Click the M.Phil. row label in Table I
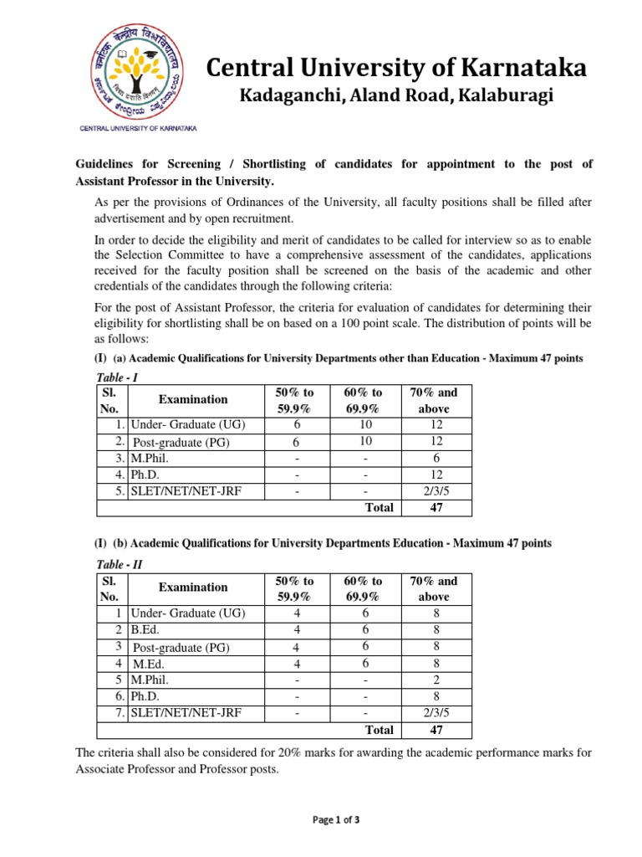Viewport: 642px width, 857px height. (x=150, y=459)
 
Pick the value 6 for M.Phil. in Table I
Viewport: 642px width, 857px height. (x=434, y=459)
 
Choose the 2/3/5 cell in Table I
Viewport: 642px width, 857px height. (x=434, y=490)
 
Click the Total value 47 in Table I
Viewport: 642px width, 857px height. (x=434, y=507)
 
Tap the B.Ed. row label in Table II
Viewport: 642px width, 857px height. (x=145, y=629)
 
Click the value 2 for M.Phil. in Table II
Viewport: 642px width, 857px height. (x=434, y=680)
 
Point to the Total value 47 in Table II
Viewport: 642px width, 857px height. (x=434, y=729)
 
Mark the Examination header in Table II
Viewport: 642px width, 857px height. (x=193, y=588)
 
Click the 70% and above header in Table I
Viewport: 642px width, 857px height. (x=434, y=400)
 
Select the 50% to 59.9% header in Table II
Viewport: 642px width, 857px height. (x=294, y=588)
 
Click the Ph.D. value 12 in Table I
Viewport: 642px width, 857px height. (x=434, y=475)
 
